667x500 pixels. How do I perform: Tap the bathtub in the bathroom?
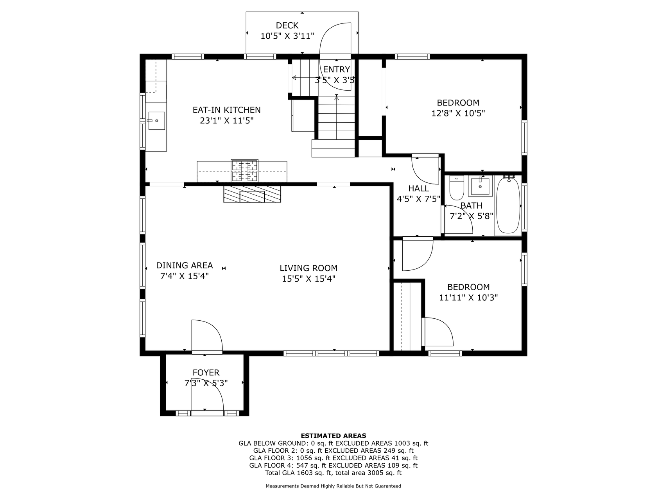[508, 205]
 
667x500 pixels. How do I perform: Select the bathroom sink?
[480, 186]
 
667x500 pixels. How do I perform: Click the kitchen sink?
[156, 121]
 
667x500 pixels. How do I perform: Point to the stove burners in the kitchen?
[245, 171]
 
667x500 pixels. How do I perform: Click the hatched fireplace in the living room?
[252, 194]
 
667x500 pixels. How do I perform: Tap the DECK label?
[287, 25]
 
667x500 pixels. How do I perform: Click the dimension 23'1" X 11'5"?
[227, 121]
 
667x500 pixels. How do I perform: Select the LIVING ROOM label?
[308, 268]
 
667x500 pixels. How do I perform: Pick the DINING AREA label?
[185, 266]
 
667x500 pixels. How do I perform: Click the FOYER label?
[206, 373]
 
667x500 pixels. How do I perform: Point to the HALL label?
[419, 189]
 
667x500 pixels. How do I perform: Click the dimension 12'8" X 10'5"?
[458, 113]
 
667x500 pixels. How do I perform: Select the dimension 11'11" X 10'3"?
[468, 298]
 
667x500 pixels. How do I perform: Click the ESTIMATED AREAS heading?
[333, 436]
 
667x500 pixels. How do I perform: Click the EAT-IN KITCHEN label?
[227, 110]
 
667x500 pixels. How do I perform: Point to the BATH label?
[471, 205]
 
